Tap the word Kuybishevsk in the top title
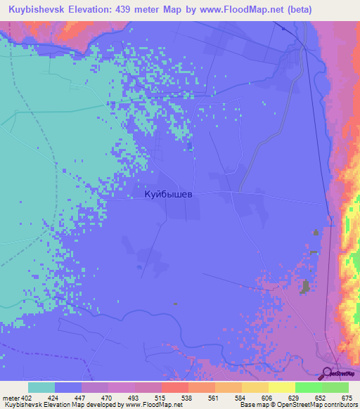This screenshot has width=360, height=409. pyautogui.click(x=38, y=9)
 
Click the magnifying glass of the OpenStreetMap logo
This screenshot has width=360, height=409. pyautogui.click(x=327, y=372)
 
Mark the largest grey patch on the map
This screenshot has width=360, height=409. pyautogui.click(x=306, y=286)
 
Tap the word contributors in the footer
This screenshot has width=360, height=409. pyautogui.click(x=340, y=405)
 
